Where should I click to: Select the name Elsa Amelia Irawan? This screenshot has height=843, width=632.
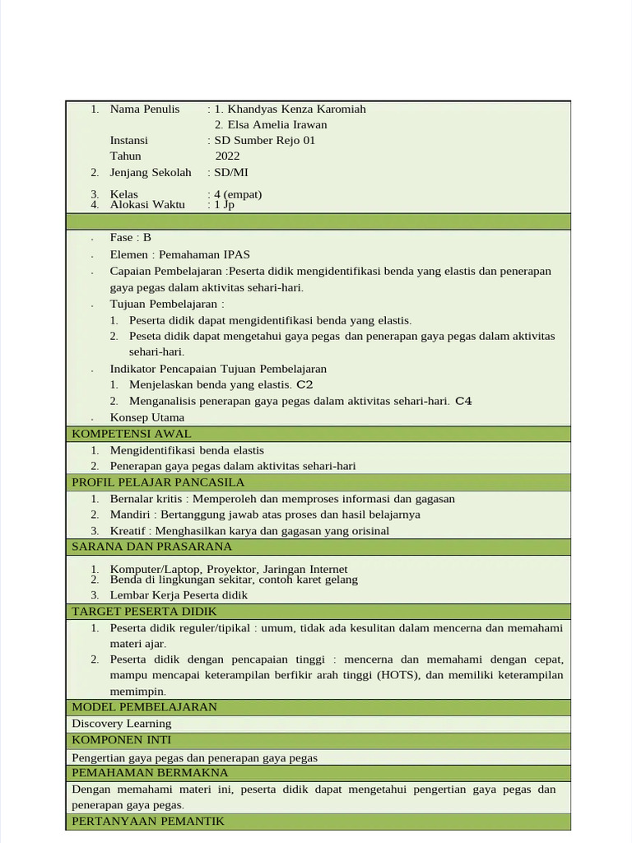[x=271, y=124]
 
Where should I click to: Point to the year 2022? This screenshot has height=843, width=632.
[x=228, y=156]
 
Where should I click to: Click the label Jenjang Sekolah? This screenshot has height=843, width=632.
[x=151, y=172]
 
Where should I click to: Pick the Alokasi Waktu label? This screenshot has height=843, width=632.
[x=147, y=204]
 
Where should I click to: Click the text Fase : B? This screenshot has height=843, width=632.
[x=131, y=237]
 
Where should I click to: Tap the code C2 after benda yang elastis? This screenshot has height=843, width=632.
[x=304, y=384]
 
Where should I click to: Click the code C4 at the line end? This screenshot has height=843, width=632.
[x=463, y=401]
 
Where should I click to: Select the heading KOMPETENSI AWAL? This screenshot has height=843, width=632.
[x=132, y=434]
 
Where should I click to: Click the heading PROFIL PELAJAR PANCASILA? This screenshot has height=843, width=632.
[x=158, y=482]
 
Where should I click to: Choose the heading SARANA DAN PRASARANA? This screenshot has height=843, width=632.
[x=152, y=547]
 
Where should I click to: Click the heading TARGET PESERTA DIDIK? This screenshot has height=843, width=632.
[x=145, y=611]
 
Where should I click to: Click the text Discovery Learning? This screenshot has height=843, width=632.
[x=122, y=724]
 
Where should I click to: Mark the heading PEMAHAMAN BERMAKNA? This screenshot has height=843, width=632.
[x=151, y=773]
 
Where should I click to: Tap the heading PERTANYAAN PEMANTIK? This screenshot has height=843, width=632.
[x=148, y=822]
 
